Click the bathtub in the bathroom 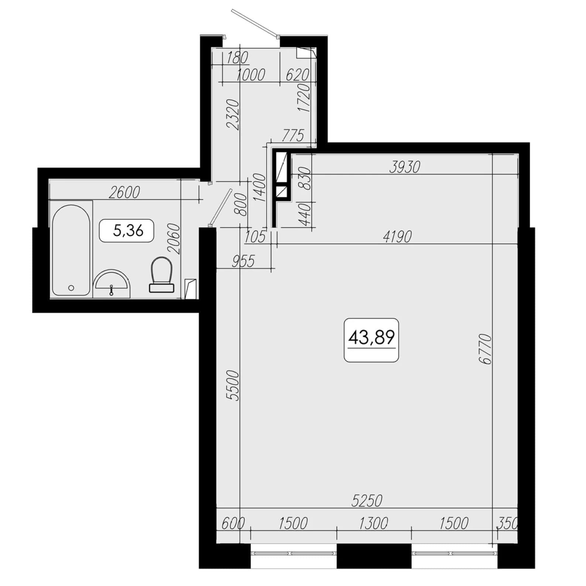pyautogui.click(x=71, y=250)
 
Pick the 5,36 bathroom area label pyautogui.click(x=128, y=230)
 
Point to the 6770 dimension pyautogui.click(x=487, y=349)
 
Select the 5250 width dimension pyautogui.click(x=367, y=501)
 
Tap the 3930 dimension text pyautogui.click(x=405, y=167)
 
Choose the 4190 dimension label pyautogui.click(x=397, y=237)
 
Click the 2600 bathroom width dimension pyautogui.click(x=124, y=192)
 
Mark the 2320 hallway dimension pyautogui.click(x=233, y=114)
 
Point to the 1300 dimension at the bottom pyautogui.click(x=373, y=523)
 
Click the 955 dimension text pyautogui.click(x=243, y=261)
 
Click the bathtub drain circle pyautogui.click(x=71, y=288)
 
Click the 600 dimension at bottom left pyautogui.click(x=233, y=523)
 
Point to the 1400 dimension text pyautogui.click(x=260, y=187)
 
